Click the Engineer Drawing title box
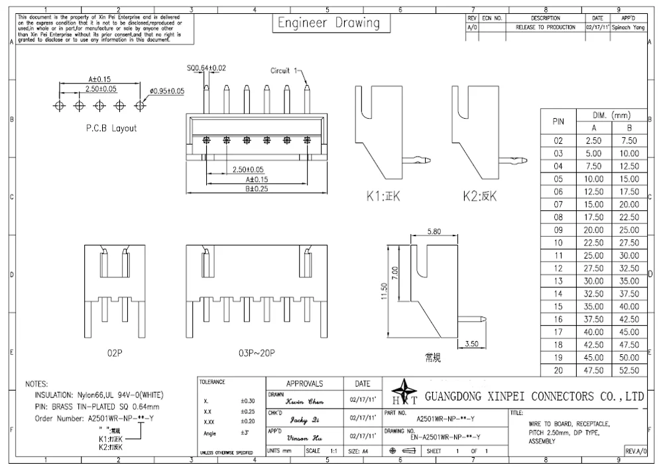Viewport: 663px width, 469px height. point(328,23)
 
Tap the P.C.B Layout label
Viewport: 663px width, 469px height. point(111,128)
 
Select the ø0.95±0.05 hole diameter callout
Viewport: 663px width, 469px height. point(167,91)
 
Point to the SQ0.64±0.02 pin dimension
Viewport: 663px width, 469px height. point(206,68)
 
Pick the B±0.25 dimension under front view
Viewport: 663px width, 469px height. point(257,188)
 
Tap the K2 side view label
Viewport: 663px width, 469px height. point(480,196)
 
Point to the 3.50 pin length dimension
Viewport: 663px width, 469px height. point(471,344)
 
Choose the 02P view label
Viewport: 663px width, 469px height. point(115,354)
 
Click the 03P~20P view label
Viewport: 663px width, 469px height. point(257,354)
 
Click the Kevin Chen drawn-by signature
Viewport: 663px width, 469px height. point(304,401)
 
